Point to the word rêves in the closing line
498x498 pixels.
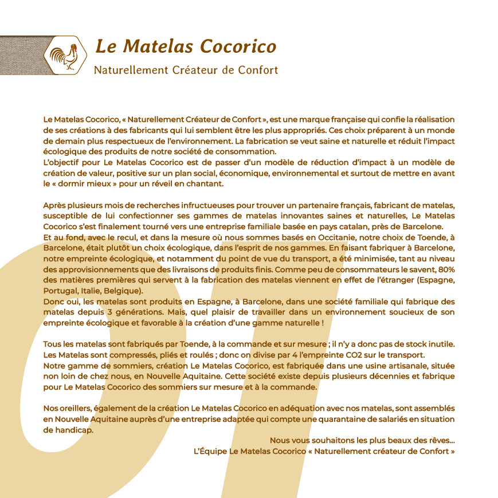click(x=441, y=440)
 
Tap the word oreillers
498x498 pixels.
click(x=79, y=409)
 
